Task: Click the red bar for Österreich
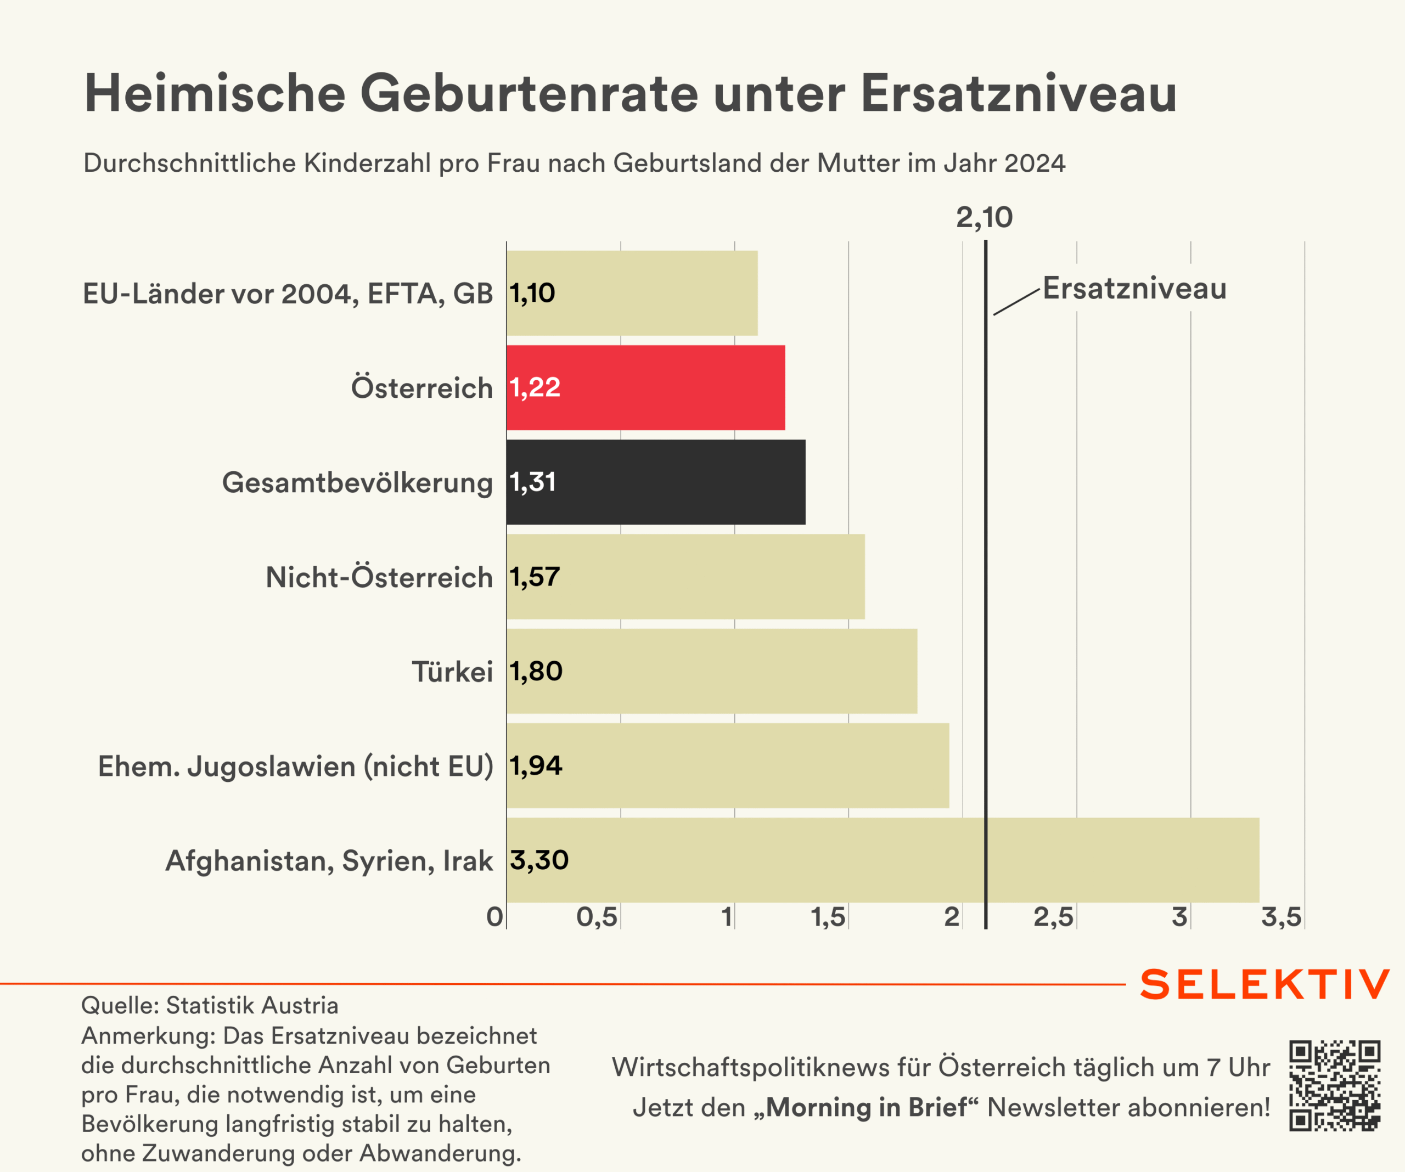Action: click(645, 388)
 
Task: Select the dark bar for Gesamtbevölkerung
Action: click(656, 482)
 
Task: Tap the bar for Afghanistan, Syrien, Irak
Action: click(883, 860)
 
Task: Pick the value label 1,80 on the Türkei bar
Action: click(536, 671)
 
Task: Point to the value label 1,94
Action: click(536, 765)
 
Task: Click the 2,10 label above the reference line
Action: click(984, 217)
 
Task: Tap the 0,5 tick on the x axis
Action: click(597, 917)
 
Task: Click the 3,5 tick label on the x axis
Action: click(1281, 917)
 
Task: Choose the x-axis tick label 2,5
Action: click(1053, 917)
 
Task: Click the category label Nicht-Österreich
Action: click(379, 577)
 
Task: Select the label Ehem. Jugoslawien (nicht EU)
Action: click(295, 766)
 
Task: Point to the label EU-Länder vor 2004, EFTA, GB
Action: click(288, 294)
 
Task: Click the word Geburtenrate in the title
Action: click(529, 94)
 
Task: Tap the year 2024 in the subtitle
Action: click(1035, 163)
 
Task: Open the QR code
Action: click(1335, 1086)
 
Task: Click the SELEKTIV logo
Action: click(1264, 985)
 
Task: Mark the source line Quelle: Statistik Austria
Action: click(210, 1005)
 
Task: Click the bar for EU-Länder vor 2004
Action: click(632, 293)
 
